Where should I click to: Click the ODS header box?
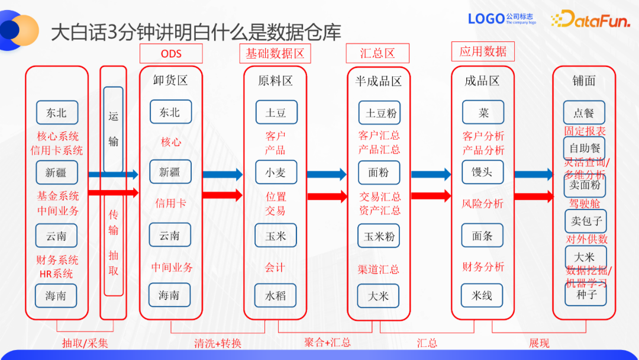tap(171, 53)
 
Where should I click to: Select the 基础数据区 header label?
tap(275, 53)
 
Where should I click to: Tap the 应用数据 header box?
tap(483, 52)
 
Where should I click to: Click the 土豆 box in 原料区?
tap(276, 112)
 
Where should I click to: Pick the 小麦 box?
tap(276, 172)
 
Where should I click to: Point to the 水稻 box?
tap(276, 295)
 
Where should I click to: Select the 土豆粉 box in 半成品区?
tap(379, 112)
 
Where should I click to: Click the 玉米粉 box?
tap(379, 236)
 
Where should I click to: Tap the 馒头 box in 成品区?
tap(482, 172)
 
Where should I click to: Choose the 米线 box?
tap(482, 295)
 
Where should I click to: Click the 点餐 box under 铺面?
tap(584, 112)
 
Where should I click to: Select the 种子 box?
tap(585, 294)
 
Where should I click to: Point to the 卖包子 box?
tap(585, 221)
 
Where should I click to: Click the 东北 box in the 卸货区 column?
tap(169, 112)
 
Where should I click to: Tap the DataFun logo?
tap(583, 20)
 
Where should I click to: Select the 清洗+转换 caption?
tap(217, 343)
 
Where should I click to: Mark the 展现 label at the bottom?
tap(539, 343)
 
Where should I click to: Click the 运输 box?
tap(114, 129)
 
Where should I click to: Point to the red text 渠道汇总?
tap(379, 269)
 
